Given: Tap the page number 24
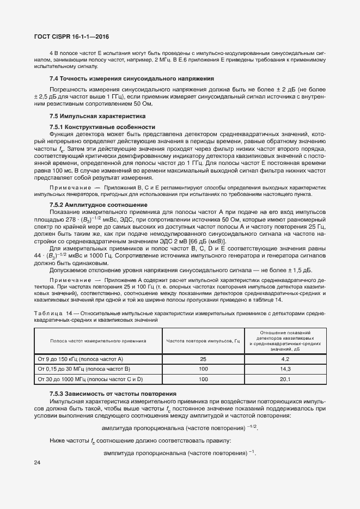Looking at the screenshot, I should click(37, 463).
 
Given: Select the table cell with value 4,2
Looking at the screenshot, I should click(284, 359).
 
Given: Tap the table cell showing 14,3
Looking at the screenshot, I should click(284, 369).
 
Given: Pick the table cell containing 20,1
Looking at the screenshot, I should click(284, 379).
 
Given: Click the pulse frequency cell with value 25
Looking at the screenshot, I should click(203, 359).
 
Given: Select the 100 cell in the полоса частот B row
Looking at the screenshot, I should click(203, 369).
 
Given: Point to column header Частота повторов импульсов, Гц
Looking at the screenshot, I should click(203, 341).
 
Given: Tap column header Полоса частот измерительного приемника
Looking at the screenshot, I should click(98, 341).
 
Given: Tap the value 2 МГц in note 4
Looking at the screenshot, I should click(165, 59).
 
